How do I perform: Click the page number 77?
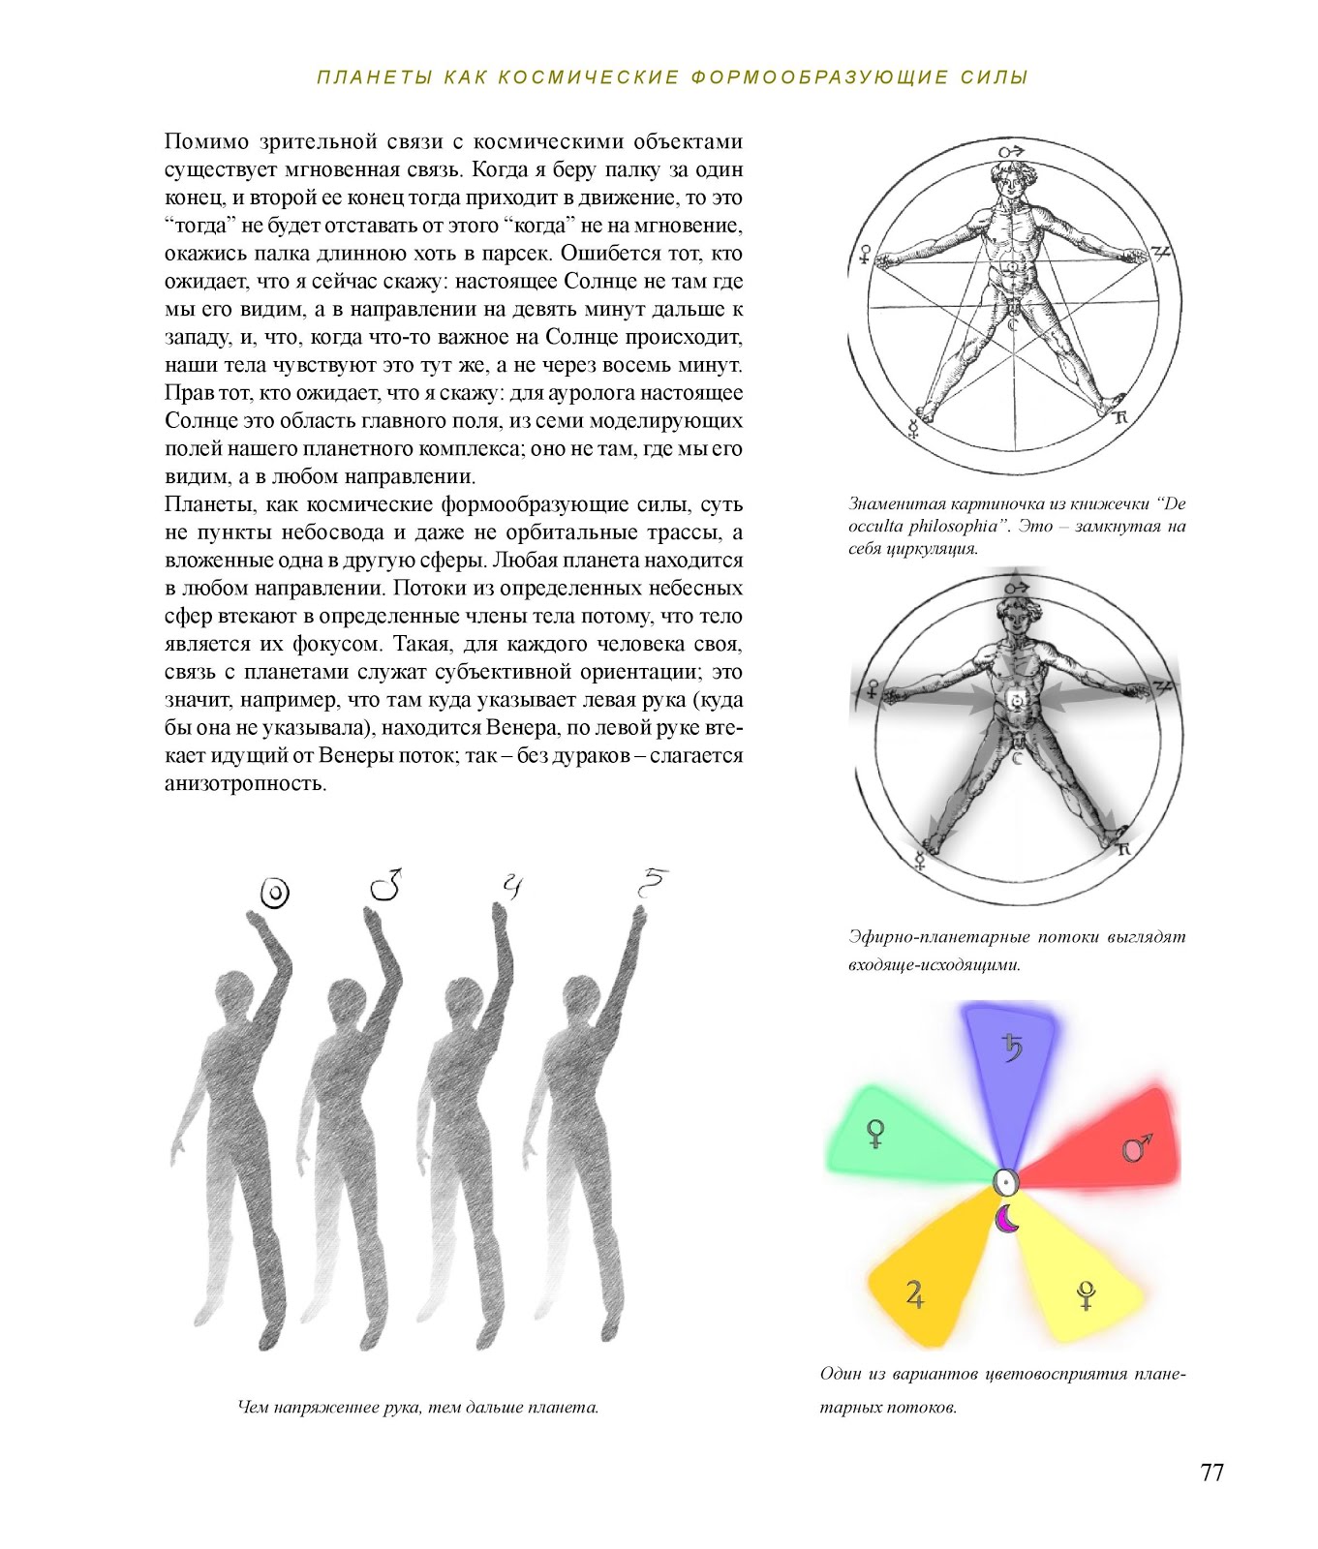click(1211, 1473)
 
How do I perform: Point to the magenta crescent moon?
click(1007, 1219)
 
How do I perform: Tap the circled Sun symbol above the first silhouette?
click(276, 893)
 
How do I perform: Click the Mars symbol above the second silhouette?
click(386, 885)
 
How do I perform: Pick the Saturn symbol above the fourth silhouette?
click(652, 882)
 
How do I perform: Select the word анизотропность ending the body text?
click(245, 783)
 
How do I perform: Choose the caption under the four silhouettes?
click(418, 1407)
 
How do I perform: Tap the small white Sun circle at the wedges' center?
click(1005, 1181)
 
